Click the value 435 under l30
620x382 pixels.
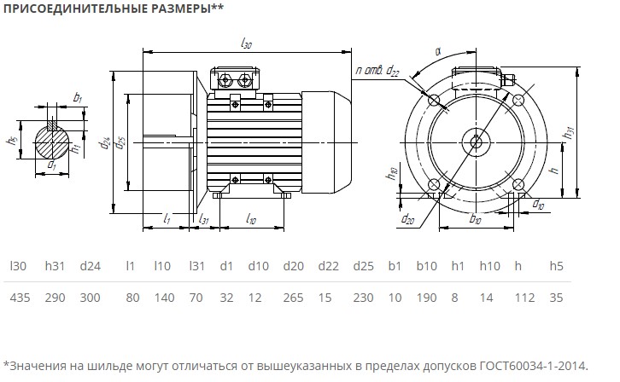(x=19, y=298)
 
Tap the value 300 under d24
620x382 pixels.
(x=90, y=298)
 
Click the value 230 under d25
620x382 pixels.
(x=364, y=298)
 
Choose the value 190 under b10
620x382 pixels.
(x=426, y=298)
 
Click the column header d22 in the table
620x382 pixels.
(x=329, y=267)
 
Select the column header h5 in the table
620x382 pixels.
(x=557, y=267)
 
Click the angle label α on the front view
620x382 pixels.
(x=437, y=52)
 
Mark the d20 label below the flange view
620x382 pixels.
(x=408, y=219)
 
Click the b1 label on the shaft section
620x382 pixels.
(x=78, y=98)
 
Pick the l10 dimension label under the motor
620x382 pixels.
(x=251, y=220)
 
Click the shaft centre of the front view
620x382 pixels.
(x=472, y=141)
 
